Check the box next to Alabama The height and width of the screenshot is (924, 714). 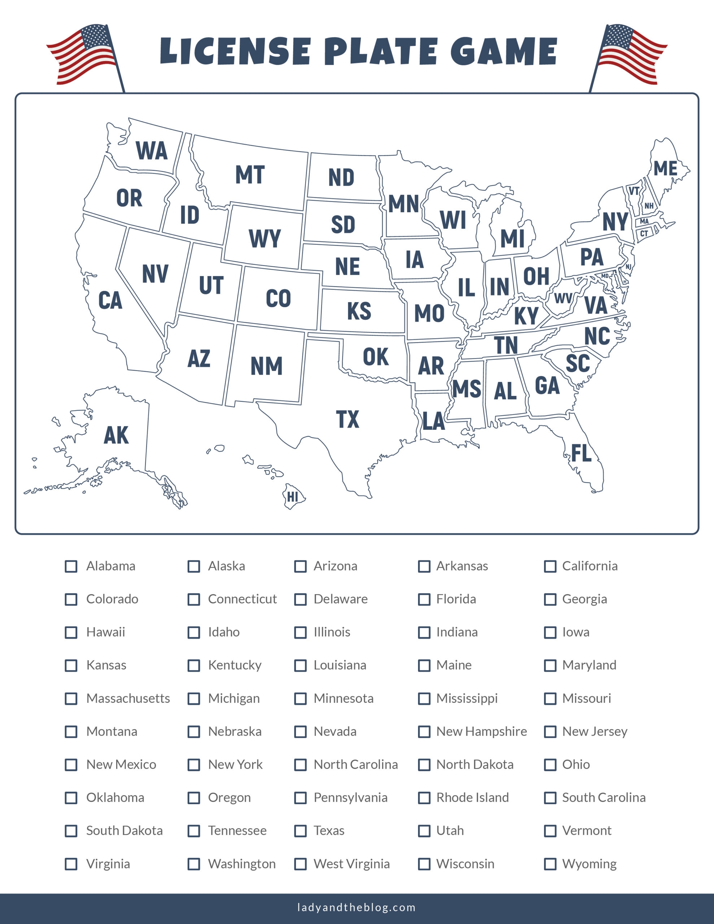pos(71,566)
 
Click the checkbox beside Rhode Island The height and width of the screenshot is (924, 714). pos(424,798)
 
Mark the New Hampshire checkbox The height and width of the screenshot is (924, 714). pos(424,732)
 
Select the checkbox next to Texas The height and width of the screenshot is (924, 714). pos(300,831)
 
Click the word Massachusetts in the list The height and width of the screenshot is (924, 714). pos(128,698)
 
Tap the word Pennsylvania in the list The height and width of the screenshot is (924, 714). pos(350,798)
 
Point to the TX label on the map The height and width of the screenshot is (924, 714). pos(348,419)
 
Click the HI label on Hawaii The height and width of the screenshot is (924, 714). pos(292,497)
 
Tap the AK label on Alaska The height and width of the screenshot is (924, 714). pos(116,435)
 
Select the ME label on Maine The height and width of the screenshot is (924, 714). pos(665,169)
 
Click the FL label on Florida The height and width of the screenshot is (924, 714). pos(581,453)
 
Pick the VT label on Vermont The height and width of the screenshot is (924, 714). pos(634,191)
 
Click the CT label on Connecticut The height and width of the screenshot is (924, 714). pos(644,234)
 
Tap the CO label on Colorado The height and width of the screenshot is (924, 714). pos(278,298)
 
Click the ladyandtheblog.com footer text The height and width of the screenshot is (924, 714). pos(356,907)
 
